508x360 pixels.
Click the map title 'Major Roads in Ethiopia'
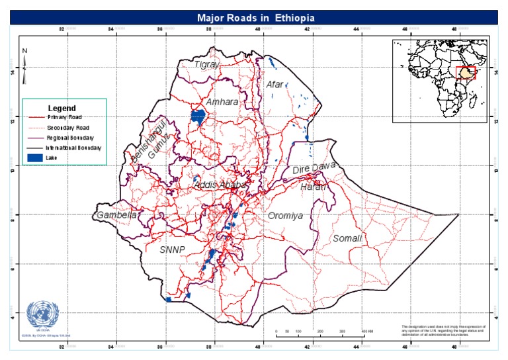coord(255,17)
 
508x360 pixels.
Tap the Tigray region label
coord(205,64)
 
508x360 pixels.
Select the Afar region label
coord(274,85)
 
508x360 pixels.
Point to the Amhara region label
coord(222,103)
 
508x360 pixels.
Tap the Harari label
coord(314,187)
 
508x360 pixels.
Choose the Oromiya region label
coord(285,216)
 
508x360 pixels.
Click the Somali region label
coord(348,238)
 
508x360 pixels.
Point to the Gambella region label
coord(116,216)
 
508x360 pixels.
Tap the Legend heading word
coord(62,108)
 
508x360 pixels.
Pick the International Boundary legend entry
coord(73,148)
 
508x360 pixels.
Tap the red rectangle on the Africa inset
coord(466,73)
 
